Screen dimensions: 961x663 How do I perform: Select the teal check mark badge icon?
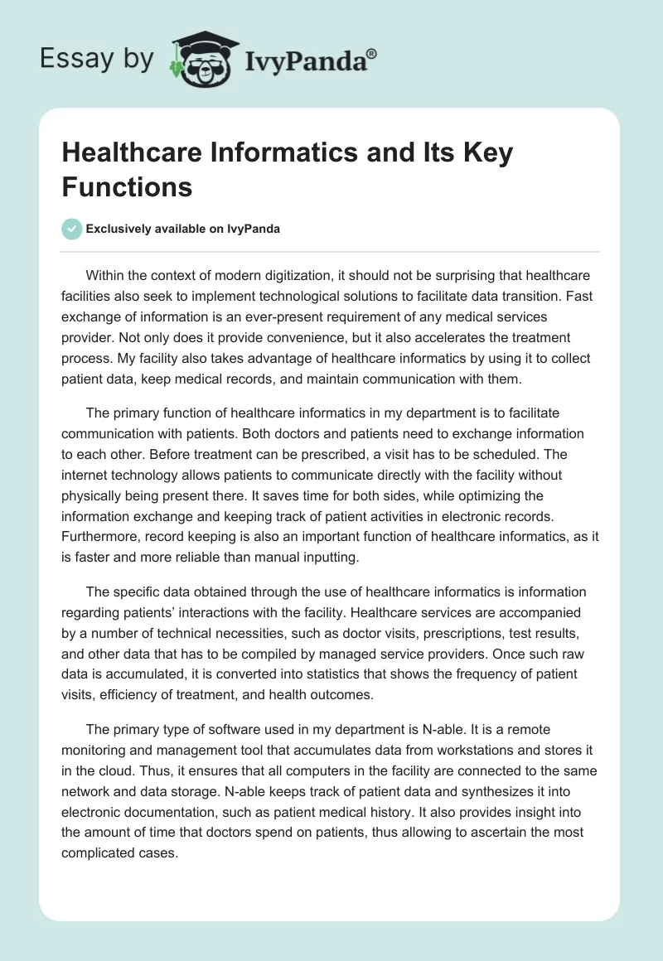71,229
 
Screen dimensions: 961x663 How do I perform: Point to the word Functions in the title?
127,186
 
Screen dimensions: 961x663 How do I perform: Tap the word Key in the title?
484,153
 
